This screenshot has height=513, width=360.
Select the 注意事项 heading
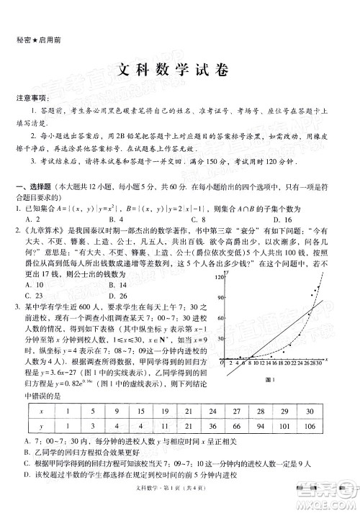[x=30, y=97]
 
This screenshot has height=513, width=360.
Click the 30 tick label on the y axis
[x=220, y=339]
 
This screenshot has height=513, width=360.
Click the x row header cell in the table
[x=41, y=411]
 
